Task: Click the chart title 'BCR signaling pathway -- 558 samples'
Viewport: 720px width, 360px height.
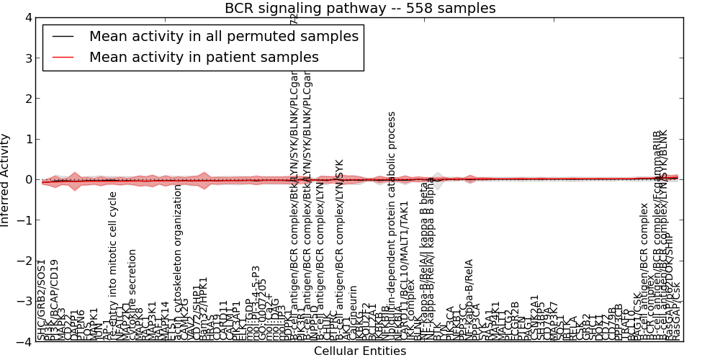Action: point(360,9)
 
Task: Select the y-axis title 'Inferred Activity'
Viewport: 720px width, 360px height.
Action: point(6,179)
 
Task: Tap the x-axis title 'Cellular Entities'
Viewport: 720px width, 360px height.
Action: point(360,351)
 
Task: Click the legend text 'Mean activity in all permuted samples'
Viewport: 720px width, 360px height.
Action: point(223,36)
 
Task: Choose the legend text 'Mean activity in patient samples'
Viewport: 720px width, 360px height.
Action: point(204,57)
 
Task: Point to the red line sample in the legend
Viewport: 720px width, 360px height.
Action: point(66,57)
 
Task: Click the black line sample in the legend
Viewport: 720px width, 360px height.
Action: point(66,36)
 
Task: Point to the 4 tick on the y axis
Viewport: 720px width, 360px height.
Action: point(28,17)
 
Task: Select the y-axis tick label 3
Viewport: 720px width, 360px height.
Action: point(28,58)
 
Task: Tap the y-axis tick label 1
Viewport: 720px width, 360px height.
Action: point(28,139)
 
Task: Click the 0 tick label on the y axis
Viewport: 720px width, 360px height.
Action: point(28,179)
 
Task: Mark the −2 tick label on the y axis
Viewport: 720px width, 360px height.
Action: point(25,261)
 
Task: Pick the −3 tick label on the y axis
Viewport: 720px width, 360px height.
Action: point(25,302)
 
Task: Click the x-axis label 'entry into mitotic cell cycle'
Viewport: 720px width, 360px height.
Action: point(113,266)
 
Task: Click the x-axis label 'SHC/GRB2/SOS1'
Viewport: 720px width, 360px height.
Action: point(42,300)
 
